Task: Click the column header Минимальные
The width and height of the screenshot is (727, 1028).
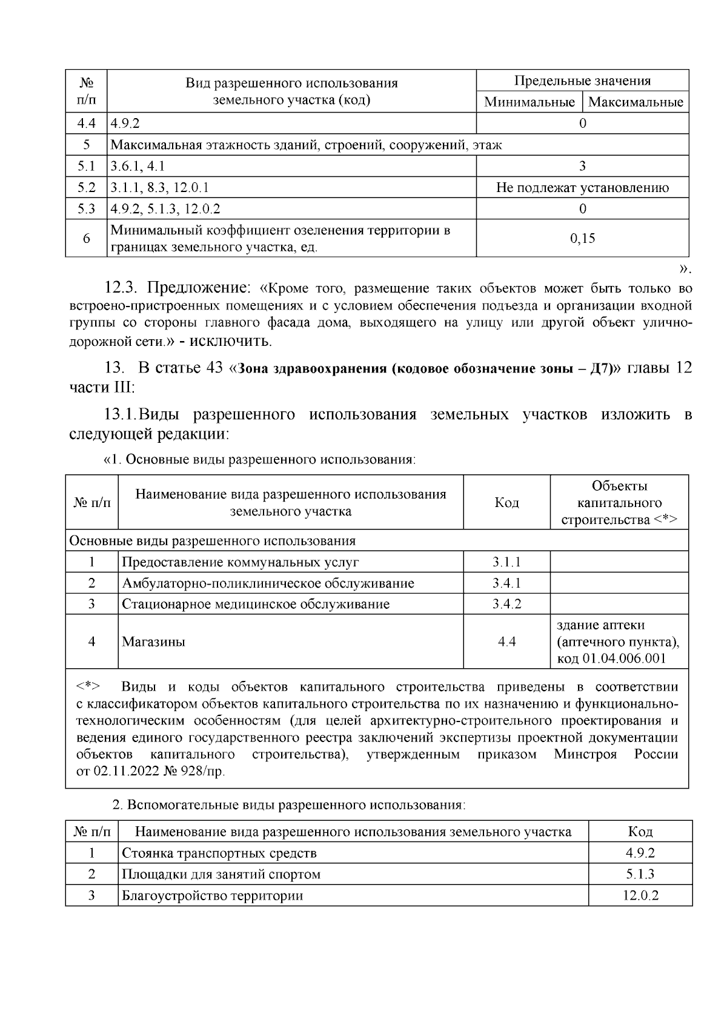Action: (529, 102)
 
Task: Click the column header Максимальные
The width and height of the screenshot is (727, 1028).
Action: (636, 102)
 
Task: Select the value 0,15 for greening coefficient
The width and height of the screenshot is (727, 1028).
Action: (582, 239)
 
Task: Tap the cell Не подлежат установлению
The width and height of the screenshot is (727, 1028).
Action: (582, 188)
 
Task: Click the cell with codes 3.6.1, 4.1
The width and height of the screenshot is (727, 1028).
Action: (138, 167)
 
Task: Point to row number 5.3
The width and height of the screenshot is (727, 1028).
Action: (86, 209)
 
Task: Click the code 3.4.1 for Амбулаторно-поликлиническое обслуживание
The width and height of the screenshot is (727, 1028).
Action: (506, 583)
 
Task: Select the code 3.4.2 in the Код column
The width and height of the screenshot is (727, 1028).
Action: (506, 604)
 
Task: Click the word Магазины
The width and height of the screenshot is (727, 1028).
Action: (153, 642)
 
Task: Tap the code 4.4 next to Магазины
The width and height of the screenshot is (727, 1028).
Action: (506, 642)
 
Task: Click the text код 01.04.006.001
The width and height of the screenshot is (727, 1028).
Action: (611, 658)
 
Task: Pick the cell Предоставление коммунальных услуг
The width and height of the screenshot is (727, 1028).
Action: (241, 562)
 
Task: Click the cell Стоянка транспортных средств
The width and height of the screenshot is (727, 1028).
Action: (219, 854)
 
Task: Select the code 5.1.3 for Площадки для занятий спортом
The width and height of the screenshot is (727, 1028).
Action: (640, 875)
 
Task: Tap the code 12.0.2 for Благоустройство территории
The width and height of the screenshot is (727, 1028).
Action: (640, 896)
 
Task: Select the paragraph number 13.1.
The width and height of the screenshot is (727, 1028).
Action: (120, 415)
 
